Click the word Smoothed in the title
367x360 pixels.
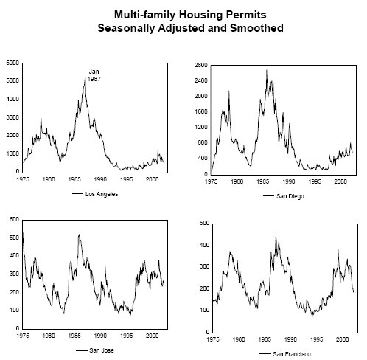click(256, 28)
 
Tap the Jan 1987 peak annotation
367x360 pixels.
click(94, 75)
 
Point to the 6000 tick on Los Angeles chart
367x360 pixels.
click(13, 63)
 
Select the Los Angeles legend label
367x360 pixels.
click(102, 194)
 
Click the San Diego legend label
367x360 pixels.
click(290, 196)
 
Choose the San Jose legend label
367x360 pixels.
click(102, 350)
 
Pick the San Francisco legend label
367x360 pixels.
click(292, 354)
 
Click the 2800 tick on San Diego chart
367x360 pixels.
click(201, 65)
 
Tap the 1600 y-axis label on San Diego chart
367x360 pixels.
click(201, 111)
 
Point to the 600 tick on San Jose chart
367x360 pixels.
click(14, 219)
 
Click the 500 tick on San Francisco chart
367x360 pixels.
click(205, 223)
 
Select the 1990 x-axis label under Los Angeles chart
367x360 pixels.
click(100, 179)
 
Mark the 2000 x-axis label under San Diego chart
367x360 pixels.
click(340, 181)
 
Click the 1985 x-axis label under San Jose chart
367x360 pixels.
click(74, 336)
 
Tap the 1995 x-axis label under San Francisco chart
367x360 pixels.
click(316, 339)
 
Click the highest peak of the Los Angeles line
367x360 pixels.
click(85, 78)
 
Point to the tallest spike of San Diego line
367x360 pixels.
click(267, 71)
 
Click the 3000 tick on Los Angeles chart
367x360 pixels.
click(13, 117)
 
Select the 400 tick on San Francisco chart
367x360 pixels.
click(205, 245)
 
